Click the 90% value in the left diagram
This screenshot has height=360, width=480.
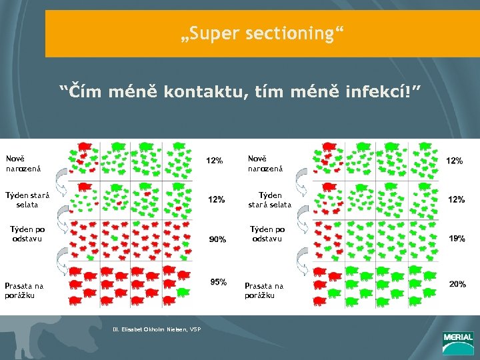point(217,239)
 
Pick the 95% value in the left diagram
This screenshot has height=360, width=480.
point(218,282)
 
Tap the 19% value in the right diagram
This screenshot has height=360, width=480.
point(457,239)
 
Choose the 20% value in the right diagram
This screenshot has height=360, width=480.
point(457,284)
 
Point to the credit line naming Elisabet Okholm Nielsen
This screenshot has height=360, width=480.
point(157,328)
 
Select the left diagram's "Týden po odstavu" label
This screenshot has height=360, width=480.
point(26,234)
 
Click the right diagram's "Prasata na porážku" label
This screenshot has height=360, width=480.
point(264,291)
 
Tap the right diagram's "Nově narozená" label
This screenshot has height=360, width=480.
point(265,163)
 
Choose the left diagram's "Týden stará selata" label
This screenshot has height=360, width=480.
point(27,200)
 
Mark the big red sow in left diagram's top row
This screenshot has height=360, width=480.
point(85,145)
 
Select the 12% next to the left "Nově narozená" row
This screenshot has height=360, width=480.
point(215,161)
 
